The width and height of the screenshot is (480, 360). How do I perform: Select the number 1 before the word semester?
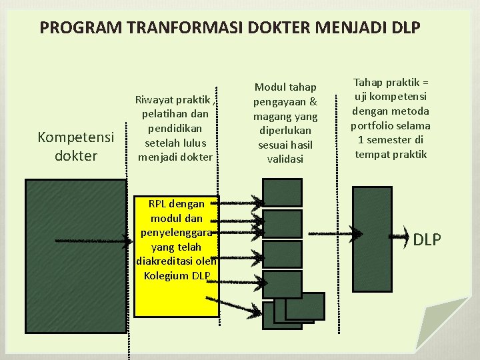(x=361, y=140)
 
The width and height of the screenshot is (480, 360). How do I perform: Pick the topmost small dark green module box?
(x=282, y=193)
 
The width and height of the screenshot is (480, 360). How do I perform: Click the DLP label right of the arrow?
(x=427, y=239)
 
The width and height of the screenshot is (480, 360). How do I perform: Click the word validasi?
(x=285, y=159)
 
